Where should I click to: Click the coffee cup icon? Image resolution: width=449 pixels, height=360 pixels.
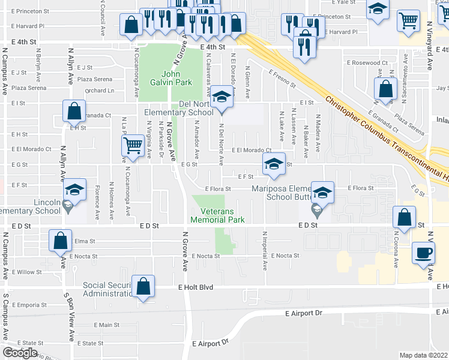coord(424,252)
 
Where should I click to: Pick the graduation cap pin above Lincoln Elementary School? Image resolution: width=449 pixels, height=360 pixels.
coord(74,190)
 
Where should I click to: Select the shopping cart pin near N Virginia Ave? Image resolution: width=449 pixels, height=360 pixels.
coord(132,145)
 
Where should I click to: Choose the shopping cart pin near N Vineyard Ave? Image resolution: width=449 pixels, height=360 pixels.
coord(409,20)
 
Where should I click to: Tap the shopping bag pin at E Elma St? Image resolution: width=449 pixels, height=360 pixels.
coord(61,241)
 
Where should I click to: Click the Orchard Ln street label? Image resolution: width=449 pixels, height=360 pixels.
coord(99,91)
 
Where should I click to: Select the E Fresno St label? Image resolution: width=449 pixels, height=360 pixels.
coord(282,80)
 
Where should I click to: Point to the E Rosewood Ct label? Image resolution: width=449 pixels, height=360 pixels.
coord(367,62)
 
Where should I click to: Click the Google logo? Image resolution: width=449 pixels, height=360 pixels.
coord(20,353)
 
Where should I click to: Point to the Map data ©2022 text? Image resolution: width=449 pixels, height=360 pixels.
coord(424,355)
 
